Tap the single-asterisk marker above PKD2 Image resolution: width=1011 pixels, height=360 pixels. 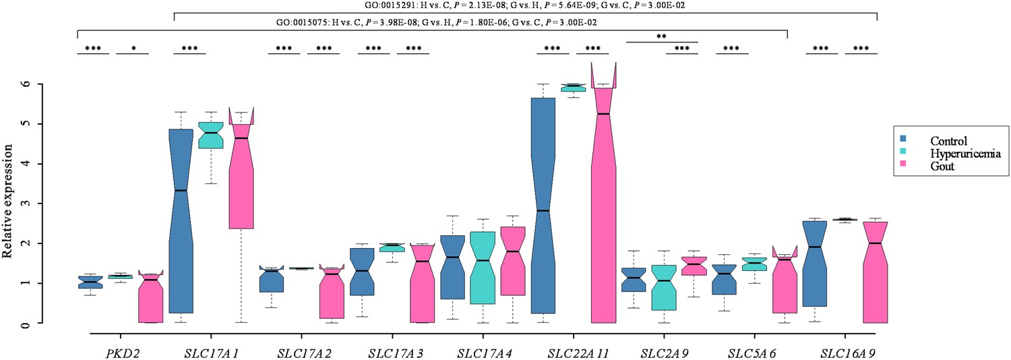132,49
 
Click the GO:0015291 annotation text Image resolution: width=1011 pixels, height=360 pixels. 524,5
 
